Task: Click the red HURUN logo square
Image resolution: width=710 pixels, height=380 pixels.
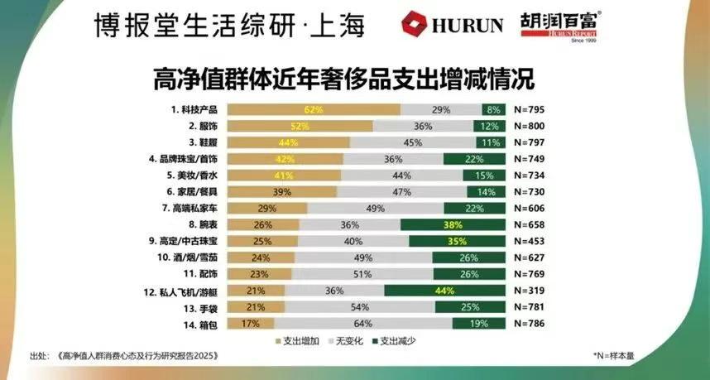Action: pos(415,24)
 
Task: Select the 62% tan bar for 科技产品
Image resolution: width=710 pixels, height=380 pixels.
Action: pos(313,109)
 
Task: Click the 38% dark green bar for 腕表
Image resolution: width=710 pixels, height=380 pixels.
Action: pos(452,224)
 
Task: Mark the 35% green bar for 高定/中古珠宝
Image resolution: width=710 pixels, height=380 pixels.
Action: pos(457,241)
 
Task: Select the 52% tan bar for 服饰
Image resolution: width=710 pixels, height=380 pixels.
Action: pos(300,126)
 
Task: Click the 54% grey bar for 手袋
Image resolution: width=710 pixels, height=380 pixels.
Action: pos(364,307)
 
